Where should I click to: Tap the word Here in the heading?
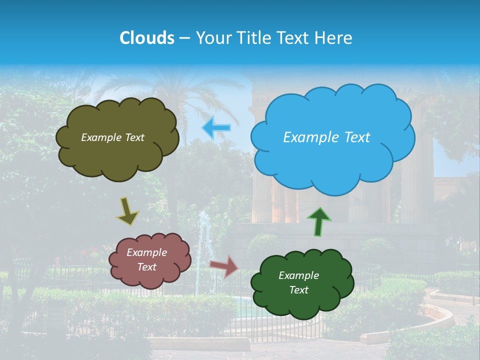point(333,38)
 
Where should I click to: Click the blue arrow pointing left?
point(216,128)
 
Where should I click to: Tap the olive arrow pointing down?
point(128,211)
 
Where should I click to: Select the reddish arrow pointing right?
point(224,265)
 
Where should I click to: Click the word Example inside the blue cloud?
point(310,137)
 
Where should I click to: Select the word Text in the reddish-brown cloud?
point(147,267)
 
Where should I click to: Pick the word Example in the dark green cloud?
point(298,275)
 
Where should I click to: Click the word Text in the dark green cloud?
point(298,290)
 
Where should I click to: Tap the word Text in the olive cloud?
point(134,137)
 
